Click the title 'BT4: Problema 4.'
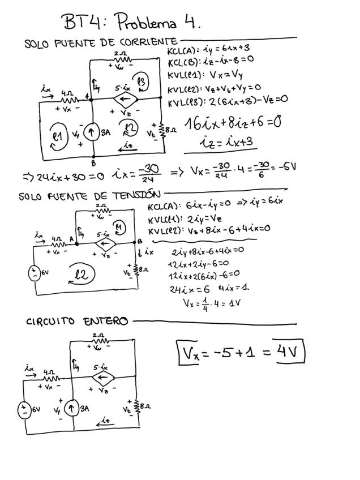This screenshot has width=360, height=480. point(132,24)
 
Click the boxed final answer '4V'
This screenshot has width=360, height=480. point(288,354)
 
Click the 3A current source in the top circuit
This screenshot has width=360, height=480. point(92,134)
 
